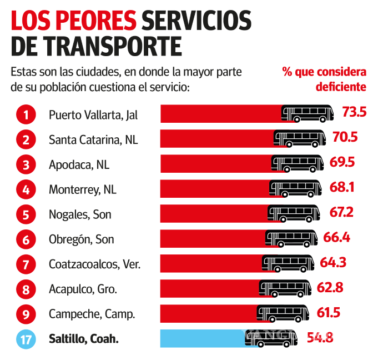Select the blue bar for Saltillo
[x=203, y=338]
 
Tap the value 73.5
[x=354, y=112]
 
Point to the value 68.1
[x=342, y=187]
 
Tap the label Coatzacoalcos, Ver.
[x=94, y=264]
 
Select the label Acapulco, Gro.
[x=83, y=289]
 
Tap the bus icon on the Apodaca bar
[x=283, y=163]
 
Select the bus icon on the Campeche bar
[x=269, y=313]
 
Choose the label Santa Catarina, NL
[x=93, y=139]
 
